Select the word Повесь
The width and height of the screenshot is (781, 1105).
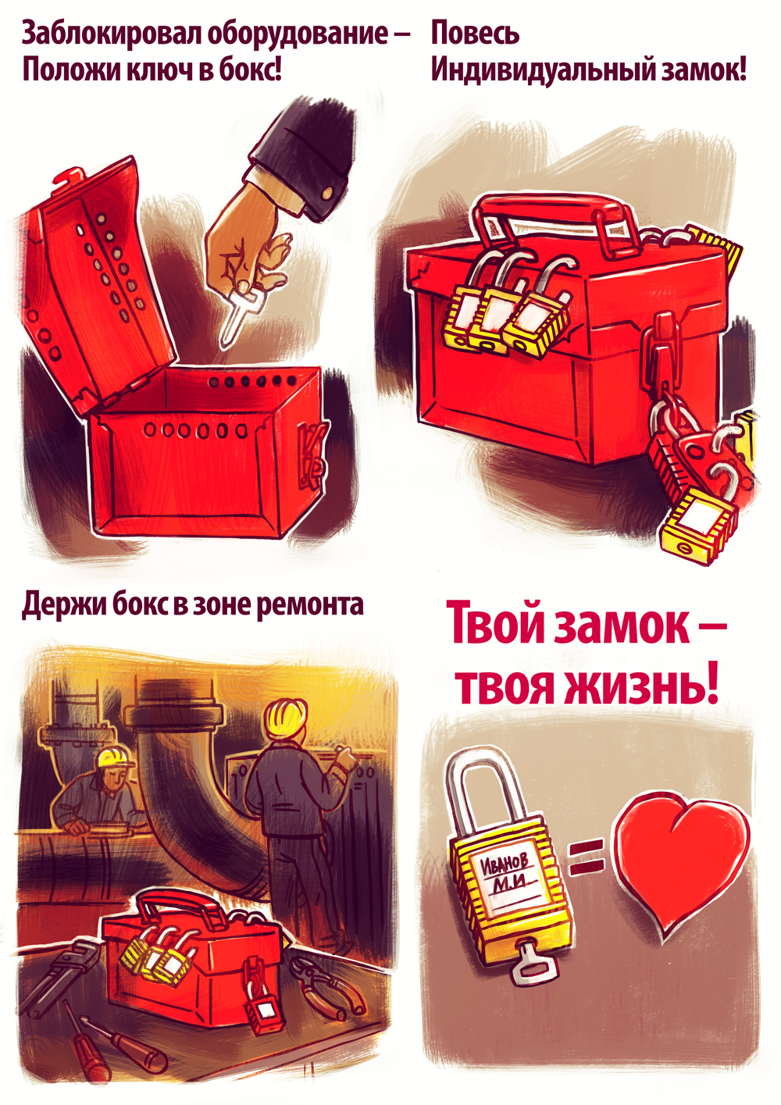pos(475,33)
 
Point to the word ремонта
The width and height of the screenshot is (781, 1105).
pos(310,604)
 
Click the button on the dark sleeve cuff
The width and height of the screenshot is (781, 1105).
pos(327,194)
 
